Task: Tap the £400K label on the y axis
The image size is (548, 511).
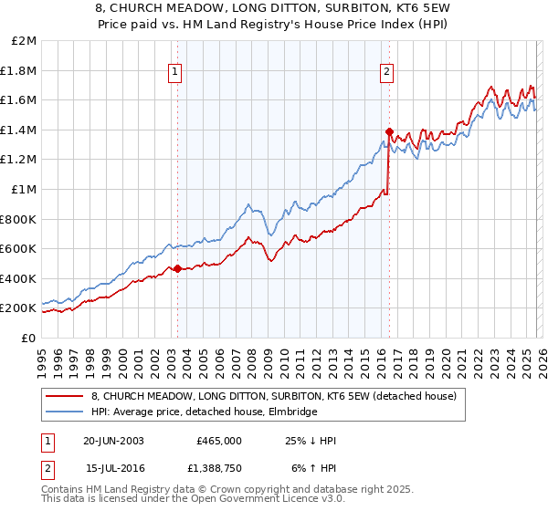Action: pos(19,278)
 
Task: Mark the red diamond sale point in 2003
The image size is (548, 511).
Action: pos(177,269)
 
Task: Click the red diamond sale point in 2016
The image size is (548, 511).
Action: pos(389,131)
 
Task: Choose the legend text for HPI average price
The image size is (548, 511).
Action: pos(204,412)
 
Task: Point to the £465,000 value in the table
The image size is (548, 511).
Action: pos(219,441)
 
